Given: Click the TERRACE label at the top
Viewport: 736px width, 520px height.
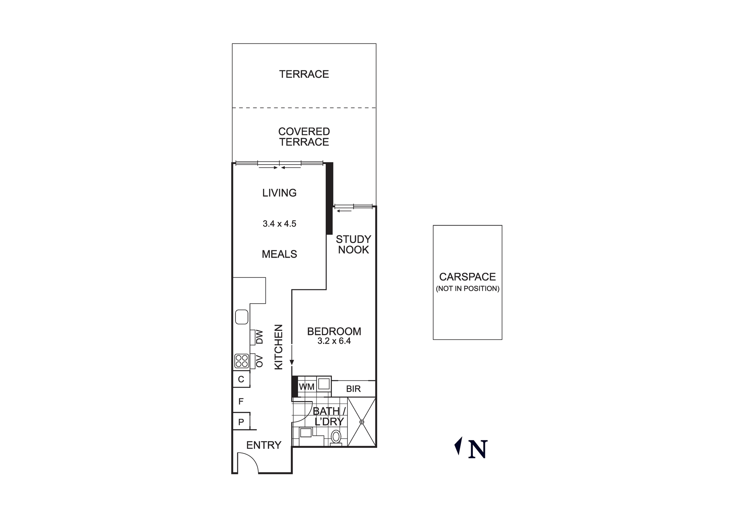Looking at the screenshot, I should click(304, 74).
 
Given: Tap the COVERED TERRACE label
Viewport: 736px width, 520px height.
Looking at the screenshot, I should click(304, 137).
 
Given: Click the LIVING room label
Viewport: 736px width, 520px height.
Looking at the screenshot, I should click(279, 193).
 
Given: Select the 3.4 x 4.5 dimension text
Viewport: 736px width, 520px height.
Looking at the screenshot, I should click(279, 224).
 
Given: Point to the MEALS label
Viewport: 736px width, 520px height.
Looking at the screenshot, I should click(279, 254).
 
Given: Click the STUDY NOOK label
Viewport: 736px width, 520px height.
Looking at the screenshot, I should click(353, 244).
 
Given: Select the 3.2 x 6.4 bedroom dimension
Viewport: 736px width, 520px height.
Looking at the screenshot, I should click(334, 341).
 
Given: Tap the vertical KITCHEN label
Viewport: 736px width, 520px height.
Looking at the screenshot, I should click(279, 347).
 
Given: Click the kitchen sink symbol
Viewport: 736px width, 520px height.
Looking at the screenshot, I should click(241, 317).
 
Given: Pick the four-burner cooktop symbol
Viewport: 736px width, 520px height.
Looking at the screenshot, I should click(241, 361).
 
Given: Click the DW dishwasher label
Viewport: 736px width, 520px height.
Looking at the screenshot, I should click(259, 337).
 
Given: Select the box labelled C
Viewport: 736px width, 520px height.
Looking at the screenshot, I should click(241, 379).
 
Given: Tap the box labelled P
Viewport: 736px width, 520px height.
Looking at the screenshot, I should click(241, 422).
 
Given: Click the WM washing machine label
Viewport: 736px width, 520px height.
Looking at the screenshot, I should click(307, 387).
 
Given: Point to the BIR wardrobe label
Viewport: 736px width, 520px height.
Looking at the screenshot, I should click(353, 389).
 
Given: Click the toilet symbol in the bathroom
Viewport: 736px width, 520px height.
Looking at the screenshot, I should click(336, 438).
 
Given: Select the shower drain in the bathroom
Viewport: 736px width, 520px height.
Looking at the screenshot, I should click(362, 422).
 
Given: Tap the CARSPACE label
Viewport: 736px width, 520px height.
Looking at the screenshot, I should click(467, 277).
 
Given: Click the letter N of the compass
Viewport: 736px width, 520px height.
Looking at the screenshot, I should click(478, 449).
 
